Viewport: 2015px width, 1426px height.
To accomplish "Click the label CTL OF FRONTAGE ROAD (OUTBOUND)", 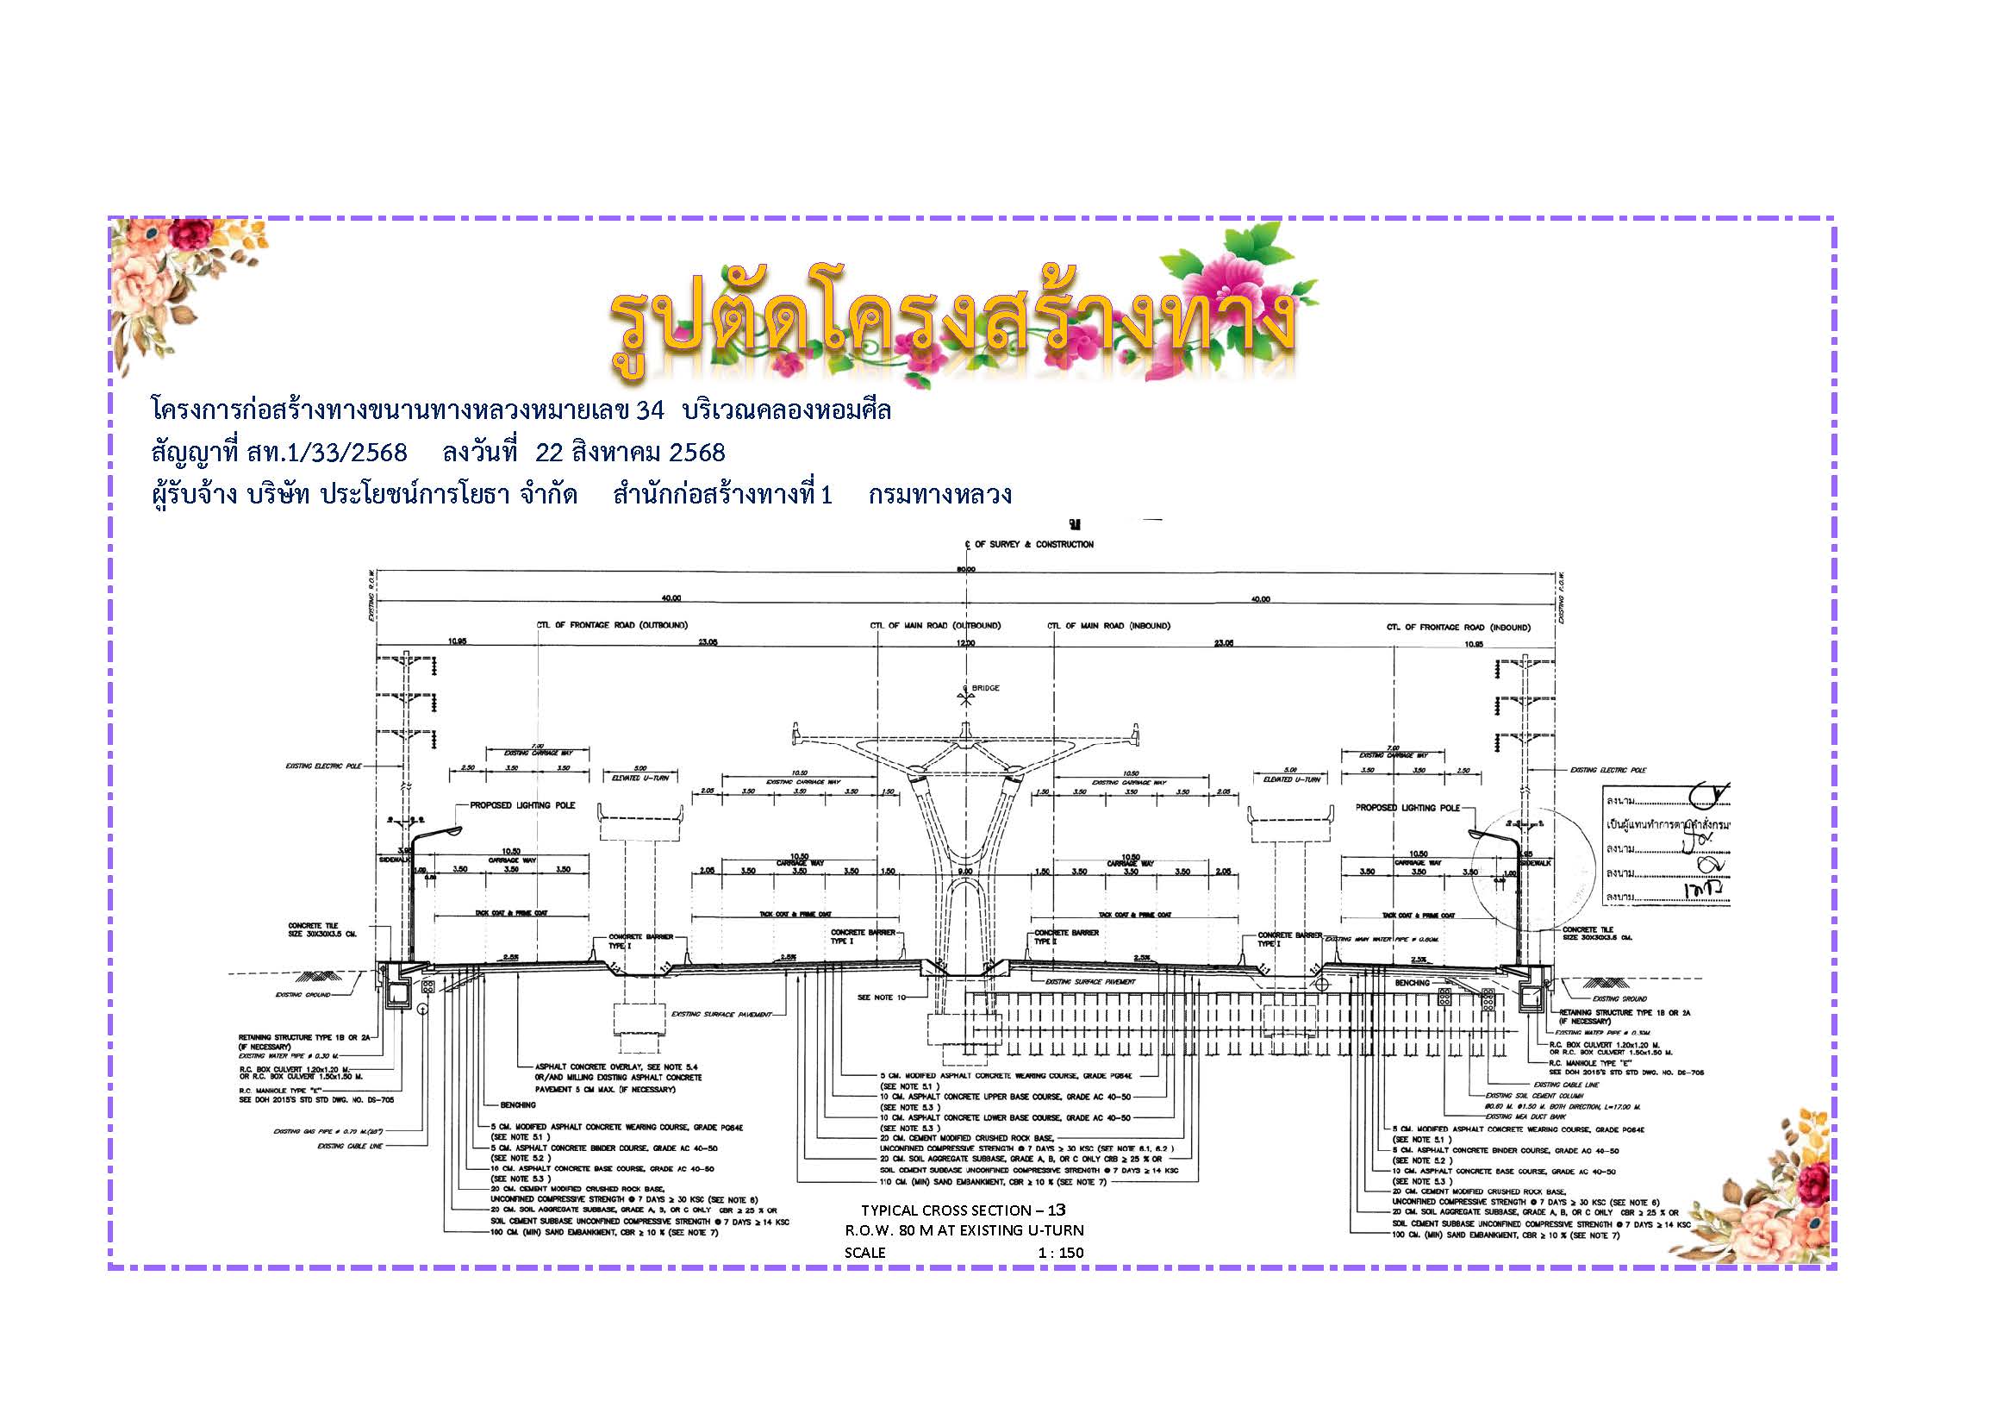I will click(613, 625).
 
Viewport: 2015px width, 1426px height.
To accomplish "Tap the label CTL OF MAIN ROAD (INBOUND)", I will click(1108, 625).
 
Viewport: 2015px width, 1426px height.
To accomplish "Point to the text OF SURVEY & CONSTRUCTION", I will click(1034, 544).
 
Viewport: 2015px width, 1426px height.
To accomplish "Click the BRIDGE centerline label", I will click(986, 687).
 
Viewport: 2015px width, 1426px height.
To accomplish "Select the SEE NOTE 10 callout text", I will click(880, 997).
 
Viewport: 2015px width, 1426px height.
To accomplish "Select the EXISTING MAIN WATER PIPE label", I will click(1381, 939).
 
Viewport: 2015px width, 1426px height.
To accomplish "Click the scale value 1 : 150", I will click(1060, 1253).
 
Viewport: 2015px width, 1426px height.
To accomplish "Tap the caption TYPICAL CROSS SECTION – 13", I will click(963, 1210).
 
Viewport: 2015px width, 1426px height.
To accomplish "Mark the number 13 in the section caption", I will click(1056, 1210).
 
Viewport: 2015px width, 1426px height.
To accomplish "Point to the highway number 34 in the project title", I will click(650, 410).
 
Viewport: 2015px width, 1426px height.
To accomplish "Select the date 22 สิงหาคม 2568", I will click(629, 453).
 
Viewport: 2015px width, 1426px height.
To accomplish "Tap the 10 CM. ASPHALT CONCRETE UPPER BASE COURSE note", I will click(1006, 1097).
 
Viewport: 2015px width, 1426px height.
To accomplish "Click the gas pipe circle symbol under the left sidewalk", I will click(422, 1010).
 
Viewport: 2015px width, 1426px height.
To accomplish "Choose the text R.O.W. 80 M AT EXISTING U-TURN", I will click(964, 1230).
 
